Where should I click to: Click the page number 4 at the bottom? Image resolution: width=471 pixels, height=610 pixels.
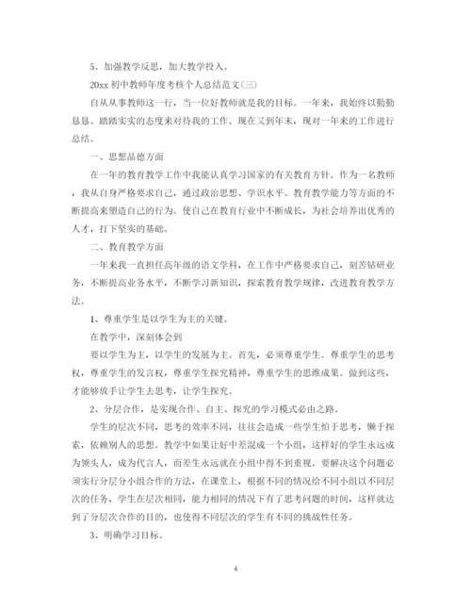coord(235,544)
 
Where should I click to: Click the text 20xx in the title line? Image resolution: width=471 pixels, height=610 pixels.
coord(122,82)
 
